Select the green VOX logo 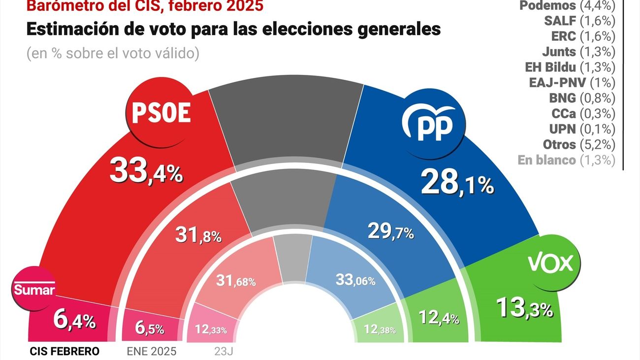550,264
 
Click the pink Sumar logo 34,290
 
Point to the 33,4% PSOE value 146,172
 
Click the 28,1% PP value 457,184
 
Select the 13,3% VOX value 524,308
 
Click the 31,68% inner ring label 236,281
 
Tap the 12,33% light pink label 210,329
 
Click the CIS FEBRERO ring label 64,351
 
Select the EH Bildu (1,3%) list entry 574,67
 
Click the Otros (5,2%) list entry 579,144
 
